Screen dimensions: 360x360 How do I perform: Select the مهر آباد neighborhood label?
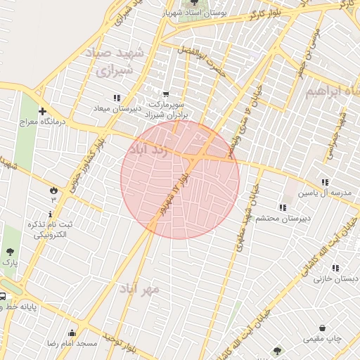[139, 289]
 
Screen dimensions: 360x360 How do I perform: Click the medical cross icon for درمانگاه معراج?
[43, 111]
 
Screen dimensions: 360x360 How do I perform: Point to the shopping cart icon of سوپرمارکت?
[166, 94]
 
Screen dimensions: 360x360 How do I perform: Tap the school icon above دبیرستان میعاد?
[117, 97]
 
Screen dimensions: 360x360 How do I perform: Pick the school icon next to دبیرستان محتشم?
[282, 207]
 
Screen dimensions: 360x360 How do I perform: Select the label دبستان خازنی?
[331, 278]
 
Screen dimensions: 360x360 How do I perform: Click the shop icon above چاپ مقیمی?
[322, 328]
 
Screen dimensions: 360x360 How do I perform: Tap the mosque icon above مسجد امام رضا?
[72, 333]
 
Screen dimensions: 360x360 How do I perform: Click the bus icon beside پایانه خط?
[3, 297]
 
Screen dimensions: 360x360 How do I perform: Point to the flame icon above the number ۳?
[53, 190]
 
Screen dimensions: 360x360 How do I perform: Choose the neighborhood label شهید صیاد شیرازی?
[113, 62]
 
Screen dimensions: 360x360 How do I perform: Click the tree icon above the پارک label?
[10, 251]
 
